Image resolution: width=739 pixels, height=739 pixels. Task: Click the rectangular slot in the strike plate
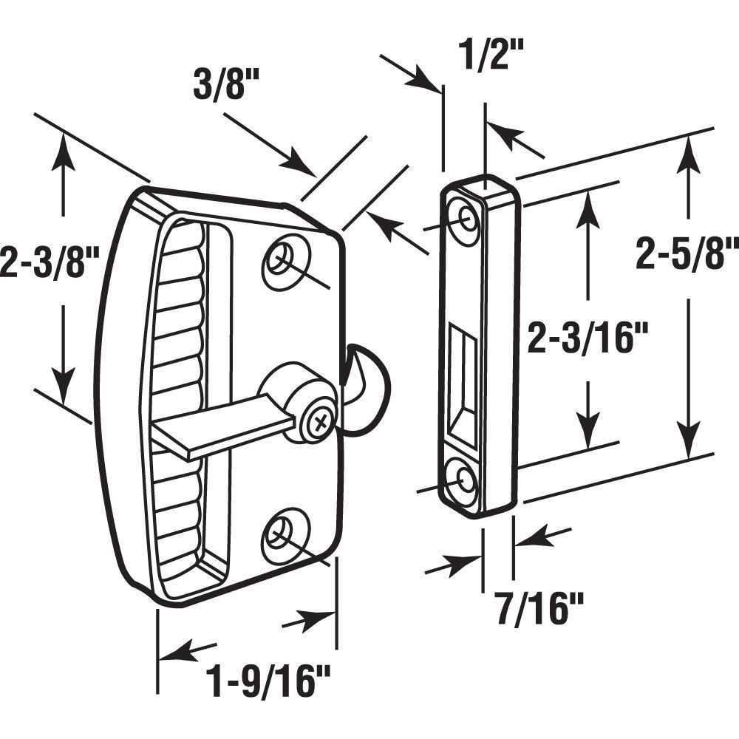pos(461,383)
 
